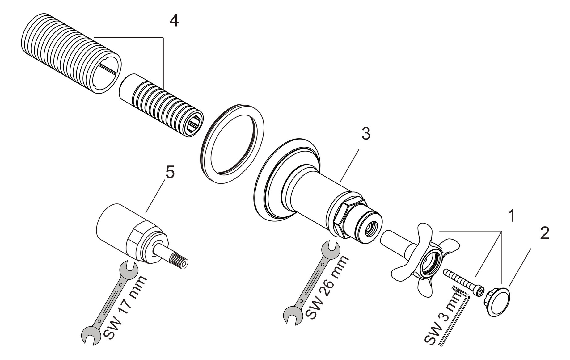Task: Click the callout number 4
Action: (x=174, y=21)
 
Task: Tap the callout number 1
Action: (x=511, y=216)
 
